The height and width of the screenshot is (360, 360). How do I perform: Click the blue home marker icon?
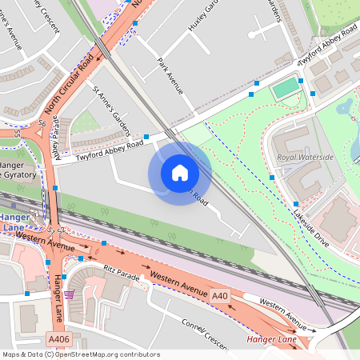180,172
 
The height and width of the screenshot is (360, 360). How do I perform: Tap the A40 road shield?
220,296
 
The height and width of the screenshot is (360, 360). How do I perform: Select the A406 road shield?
58,340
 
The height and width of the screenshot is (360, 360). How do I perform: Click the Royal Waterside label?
305,158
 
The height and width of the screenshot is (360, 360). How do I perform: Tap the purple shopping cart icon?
70,294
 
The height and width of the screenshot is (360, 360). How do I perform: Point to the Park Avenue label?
170,76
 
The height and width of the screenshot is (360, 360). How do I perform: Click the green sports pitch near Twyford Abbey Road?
285,88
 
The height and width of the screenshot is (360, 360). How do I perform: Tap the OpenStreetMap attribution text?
80,354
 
